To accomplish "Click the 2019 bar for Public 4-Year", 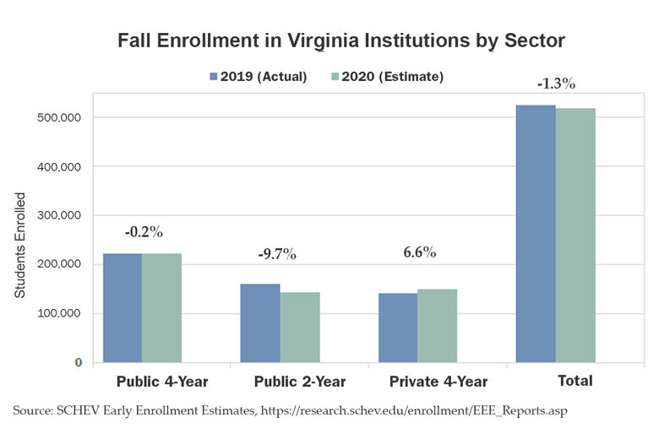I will pyautogui.click(x=122, y=307).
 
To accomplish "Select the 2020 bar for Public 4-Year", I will pyautogui.click(x=161, y=307).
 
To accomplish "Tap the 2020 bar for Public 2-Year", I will pyautogui.click(x=300, y=327).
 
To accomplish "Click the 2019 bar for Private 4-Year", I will pyautogui.click(x=398, y=328).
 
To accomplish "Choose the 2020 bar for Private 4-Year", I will pyautogui.click(x=438, y=326).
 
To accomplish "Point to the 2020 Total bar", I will pyautogui.click(x=575, y=236).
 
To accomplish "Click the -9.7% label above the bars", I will pyautogui.click(x=277, y=254).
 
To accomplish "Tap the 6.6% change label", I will pyautogui.click(x=419, y=252).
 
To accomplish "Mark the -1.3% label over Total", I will pyautogui.click(x=556, y=84).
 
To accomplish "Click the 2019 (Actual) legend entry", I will pyautogui.click(x=259, y=77).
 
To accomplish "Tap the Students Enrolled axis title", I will pyautogui.click(x=20, y=245).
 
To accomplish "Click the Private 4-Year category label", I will pyautogui.click(x=438, y=382).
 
